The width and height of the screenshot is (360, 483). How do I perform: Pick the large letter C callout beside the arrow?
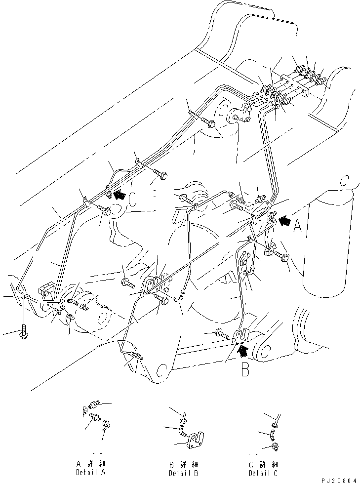point(132,199)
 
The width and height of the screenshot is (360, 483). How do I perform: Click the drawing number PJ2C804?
point(336,480)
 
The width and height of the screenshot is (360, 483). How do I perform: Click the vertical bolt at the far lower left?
point(24,332)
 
